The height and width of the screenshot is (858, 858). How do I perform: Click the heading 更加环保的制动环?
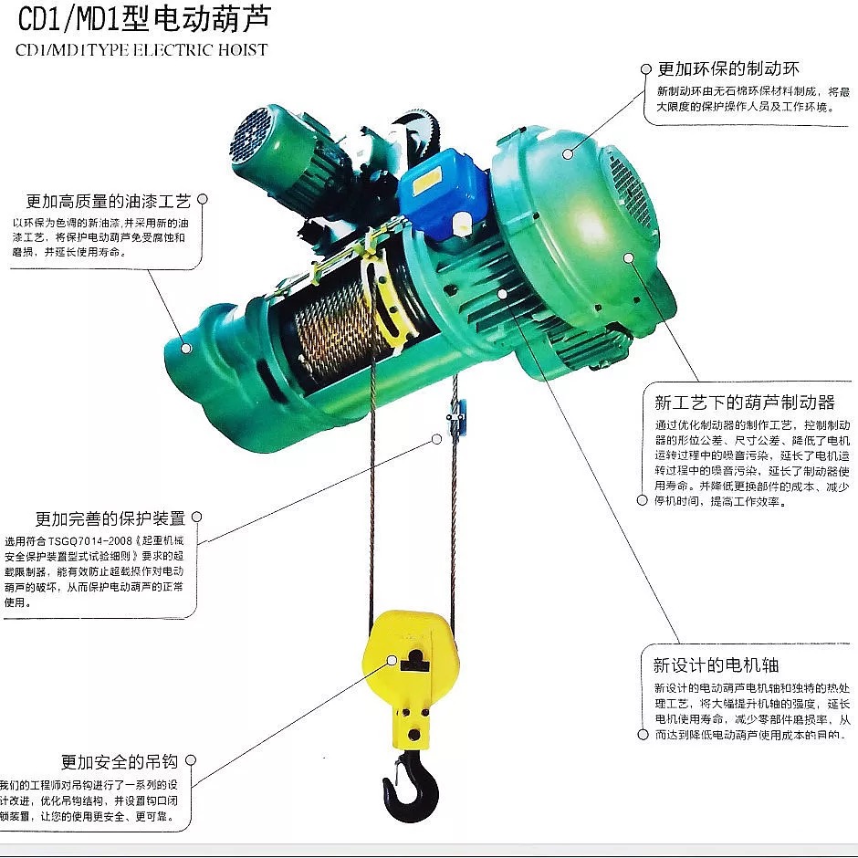728,68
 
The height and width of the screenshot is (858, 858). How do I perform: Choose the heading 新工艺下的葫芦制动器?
744,403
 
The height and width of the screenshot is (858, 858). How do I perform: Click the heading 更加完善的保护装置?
110,518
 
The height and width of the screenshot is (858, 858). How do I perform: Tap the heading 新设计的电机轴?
716,664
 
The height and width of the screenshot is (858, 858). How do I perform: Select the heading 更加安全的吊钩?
119,761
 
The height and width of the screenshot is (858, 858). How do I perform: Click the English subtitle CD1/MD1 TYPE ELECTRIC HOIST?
142,49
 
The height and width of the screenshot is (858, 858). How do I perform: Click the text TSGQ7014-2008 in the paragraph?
91,540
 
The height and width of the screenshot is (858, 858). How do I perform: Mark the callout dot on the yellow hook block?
392,659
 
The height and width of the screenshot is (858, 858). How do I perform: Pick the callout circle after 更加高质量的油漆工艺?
203,198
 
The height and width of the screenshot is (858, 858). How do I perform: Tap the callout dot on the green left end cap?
186,347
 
